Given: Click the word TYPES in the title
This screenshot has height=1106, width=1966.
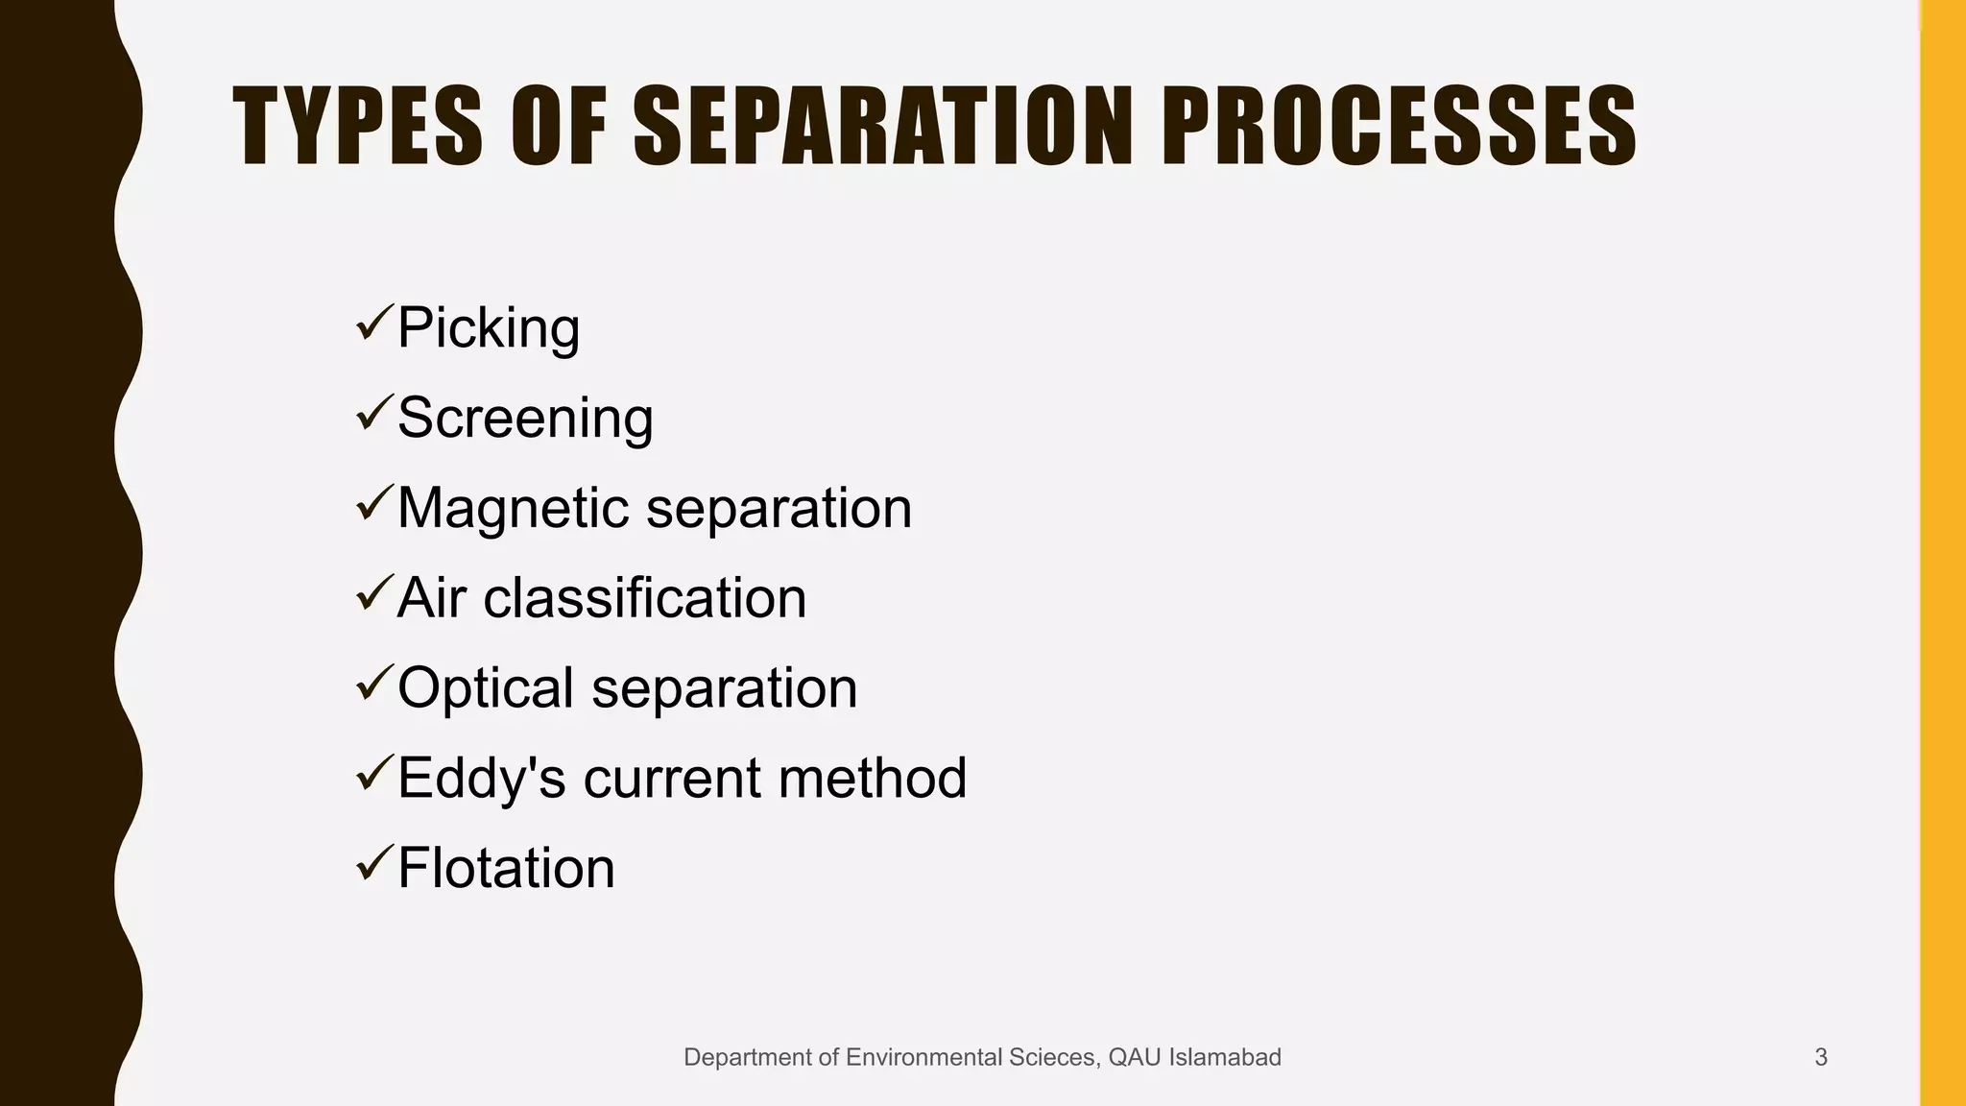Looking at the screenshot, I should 357,127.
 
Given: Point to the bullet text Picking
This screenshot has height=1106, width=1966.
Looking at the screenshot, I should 489,328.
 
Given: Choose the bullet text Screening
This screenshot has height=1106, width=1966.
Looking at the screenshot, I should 525,419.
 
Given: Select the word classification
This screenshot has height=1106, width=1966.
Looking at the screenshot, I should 644,598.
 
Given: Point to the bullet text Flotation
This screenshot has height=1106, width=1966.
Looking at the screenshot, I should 506,868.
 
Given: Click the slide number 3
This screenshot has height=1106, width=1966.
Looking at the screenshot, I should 1820,1057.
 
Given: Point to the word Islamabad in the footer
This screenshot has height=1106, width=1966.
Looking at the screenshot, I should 1224,1057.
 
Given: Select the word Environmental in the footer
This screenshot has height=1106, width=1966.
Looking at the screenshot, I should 923,1057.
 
